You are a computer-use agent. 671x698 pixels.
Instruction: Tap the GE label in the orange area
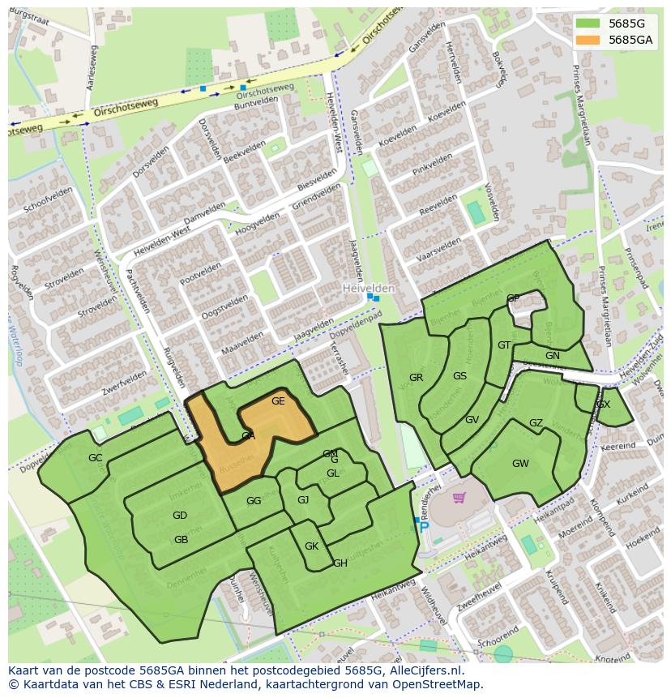[278, 401]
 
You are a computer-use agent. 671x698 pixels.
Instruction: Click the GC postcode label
[96, 458]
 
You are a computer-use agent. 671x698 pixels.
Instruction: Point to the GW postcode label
[520, 464]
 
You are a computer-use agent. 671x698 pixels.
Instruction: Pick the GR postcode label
[416, 378]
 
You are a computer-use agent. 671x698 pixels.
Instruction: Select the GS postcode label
[459, 376]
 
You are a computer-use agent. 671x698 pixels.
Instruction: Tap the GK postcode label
[311, 546]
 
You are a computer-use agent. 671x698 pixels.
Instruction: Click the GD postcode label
[180, 516]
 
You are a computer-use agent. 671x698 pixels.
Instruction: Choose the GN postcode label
[553, 356]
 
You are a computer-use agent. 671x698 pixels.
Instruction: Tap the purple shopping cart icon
[459, 498]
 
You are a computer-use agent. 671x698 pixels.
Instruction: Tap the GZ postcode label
[536, 423]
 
